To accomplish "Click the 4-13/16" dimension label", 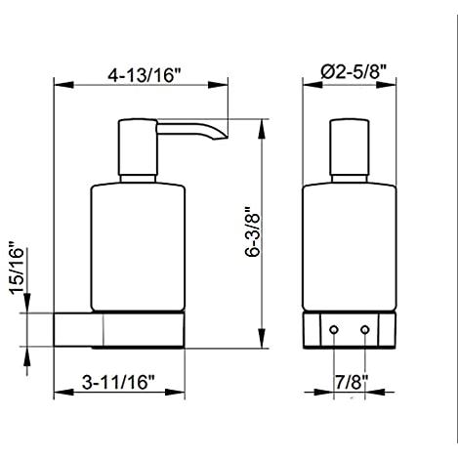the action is point(144,75).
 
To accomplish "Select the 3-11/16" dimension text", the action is point(118,382).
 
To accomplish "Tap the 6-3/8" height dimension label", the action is point(253,231).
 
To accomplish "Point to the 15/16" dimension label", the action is point(17,268).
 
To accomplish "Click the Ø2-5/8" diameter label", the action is point(354,71).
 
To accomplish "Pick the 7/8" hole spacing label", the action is point(352,382).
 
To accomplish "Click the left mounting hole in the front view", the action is point(334,330).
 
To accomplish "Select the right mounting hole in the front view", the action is point(365,330).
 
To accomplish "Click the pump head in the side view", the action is point(138,147).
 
